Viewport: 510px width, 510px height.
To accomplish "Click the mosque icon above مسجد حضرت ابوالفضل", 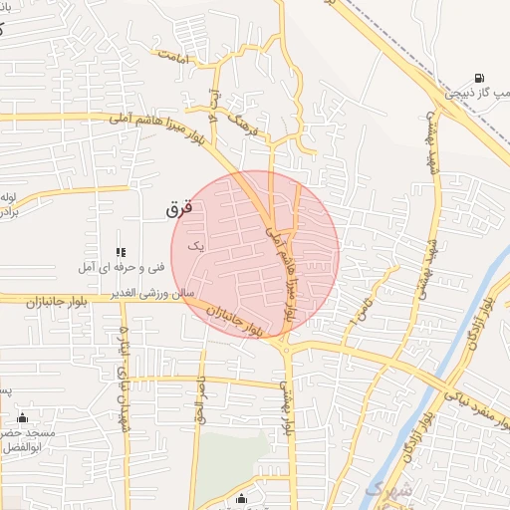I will coord(22,417).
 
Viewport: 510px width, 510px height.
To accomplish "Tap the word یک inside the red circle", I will coord(195,244).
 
